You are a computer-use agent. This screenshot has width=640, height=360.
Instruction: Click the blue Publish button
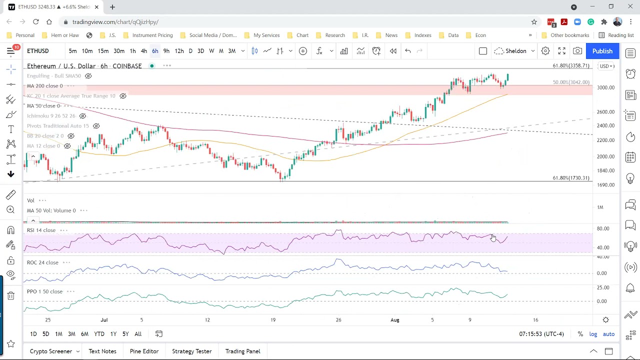(602, 51)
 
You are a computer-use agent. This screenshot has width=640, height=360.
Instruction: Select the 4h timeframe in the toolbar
(143, 51)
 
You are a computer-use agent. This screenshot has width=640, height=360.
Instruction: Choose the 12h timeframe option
(179, 51)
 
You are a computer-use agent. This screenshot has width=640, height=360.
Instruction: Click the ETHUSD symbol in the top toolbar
(38, 51)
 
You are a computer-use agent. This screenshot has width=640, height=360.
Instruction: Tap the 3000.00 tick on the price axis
(605, 87)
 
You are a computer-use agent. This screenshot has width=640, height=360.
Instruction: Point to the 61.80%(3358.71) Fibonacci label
(570, 66)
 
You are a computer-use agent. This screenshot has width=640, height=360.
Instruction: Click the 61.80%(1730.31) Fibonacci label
(570, 178)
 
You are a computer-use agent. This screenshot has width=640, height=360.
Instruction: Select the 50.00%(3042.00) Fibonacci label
(570, 82)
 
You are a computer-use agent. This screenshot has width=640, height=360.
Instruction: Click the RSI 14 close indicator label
(41, 230)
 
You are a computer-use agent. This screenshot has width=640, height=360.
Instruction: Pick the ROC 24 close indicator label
(42, 262)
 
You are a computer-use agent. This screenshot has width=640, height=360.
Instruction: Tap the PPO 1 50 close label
(44, 291)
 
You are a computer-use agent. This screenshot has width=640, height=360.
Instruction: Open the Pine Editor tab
(144, 351)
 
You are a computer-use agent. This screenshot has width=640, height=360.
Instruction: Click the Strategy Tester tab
(191, 351)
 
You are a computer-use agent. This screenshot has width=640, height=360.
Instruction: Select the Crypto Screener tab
(51, 351)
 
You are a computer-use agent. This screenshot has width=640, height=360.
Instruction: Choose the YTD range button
(99, 334)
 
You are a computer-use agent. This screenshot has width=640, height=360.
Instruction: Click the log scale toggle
(593, 334)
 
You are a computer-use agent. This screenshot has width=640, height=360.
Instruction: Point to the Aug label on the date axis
(395, 320)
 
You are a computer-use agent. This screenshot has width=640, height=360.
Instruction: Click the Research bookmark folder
(334, 35)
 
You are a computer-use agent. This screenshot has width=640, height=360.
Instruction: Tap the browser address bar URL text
(115, 22)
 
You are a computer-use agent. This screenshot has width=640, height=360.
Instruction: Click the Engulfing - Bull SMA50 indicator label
(54, 76)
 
